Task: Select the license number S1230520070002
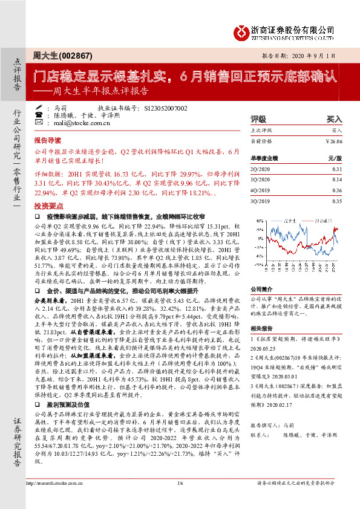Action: [166, 108]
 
